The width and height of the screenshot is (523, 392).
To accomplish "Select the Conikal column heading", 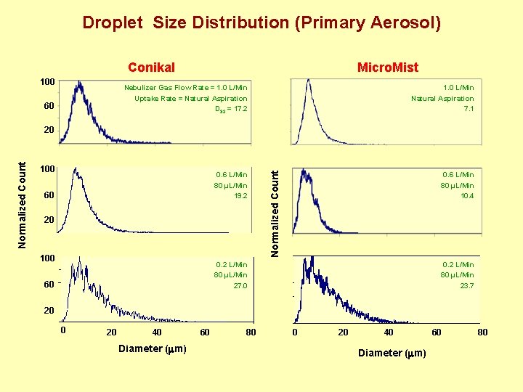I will point(151,68).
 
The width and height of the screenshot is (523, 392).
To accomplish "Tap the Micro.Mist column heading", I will point(387,68).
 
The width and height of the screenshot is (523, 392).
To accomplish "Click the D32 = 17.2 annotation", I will point(232,110).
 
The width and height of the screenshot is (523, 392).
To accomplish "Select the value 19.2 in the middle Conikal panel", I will point(240,196).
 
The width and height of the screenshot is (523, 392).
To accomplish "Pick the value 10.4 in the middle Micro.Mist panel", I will point(466,196).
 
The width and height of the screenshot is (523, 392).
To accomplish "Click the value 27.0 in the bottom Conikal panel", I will point(240,286).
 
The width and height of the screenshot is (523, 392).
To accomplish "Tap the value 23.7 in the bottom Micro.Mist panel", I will point(466,286).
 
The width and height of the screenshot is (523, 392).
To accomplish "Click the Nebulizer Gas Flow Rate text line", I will point(185,87).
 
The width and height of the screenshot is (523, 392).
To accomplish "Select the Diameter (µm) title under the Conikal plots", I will point(152,349).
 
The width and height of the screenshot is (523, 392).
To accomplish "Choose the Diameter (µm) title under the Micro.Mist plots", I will point(392,353).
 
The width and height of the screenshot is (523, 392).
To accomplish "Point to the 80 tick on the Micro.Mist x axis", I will point(482,332).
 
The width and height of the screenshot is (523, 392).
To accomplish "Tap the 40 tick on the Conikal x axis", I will point(157,332).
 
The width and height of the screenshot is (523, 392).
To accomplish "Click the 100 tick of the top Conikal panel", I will point(48,81).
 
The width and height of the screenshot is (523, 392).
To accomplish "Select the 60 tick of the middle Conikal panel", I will point(48,195).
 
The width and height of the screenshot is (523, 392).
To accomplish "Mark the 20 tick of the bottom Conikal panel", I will point(48,311).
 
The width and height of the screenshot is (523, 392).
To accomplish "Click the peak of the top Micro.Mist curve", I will point(309,81).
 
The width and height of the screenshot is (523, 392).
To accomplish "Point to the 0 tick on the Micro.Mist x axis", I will point(294,332).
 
